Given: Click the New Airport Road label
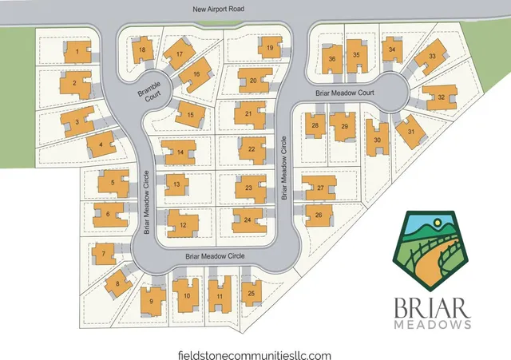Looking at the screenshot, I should [x=218, y=10].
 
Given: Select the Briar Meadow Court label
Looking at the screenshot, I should [x=345, y=93].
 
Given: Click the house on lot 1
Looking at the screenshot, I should [x=77, y=53].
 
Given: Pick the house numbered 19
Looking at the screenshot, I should [x=271, y=49].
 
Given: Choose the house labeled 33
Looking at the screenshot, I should [x=431, y=57].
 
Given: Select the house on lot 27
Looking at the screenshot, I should [x=320, y=188].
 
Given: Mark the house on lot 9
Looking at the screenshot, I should [x=151, y=301].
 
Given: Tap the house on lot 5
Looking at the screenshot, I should [x=113, y=183].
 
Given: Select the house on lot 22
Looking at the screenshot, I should [x=252, y=148].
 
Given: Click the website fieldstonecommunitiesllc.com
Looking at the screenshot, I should [x=255, y=355].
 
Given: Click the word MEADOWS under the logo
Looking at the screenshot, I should [x=431, y=326].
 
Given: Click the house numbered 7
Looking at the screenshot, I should [x=103, y=254].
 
